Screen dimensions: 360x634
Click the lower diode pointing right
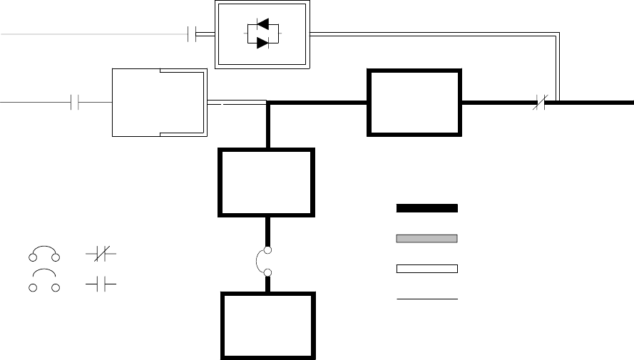pos(262,43)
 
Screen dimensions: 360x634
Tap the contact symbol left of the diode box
pos(191,34)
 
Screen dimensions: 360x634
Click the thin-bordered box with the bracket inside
pos(159,103)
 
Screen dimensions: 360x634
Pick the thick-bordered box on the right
pos(414,102)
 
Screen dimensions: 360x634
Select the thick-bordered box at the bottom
pos(267,326)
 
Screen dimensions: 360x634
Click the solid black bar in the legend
pos(427,208)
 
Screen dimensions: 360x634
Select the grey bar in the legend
pos(427,238)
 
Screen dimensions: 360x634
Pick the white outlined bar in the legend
pos(427,269)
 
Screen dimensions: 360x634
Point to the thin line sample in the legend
pos(427,299)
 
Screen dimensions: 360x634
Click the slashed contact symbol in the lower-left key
pos(101,254)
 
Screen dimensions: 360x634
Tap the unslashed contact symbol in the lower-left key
pos(101,284)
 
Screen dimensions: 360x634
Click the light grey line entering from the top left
pos(93,34)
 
